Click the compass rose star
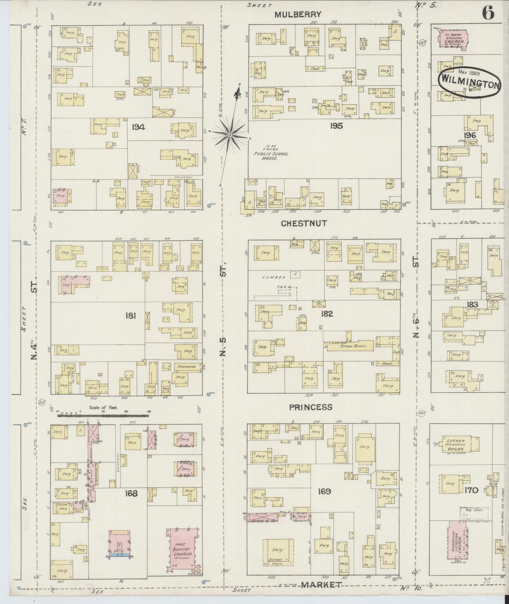pyautogui.click(x=230, y=135)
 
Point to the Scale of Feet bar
pyautogui.click(x=103, y=416)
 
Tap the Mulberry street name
pyautogui.click(x=298, y=14)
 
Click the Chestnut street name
pyautogui.click(x=304, y=223)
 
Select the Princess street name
pyautogui.click(x=311, y=407)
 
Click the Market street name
pyautogui.click(x=321, y=585)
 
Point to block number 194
pyautogui.click(x=138, y=127)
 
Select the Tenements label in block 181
pyautogui.click(x=186, y=367)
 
